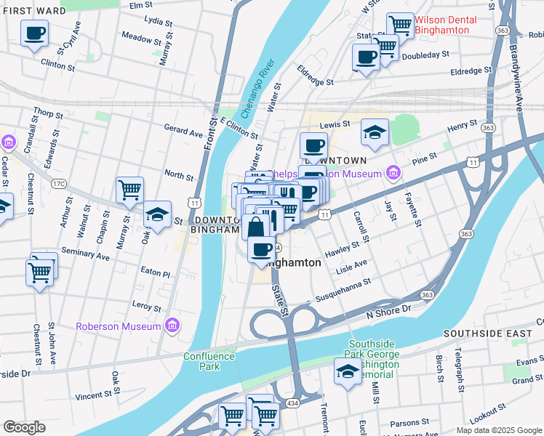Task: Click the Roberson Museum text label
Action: click(x=118, y=326)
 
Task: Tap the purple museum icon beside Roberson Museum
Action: click(x=172, y=325)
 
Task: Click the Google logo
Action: click(x=24, y=427)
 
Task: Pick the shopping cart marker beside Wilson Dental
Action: click(x=399, y=25)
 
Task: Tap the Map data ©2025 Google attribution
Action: click(x=498, y=430)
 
